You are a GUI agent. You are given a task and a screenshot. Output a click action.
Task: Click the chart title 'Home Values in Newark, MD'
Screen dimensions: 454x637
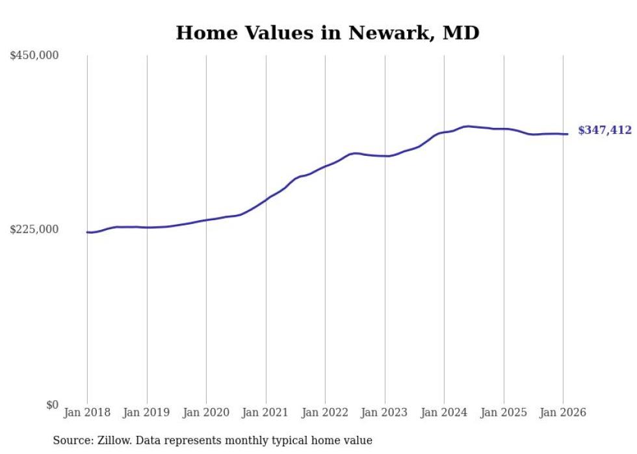tap(328, 32)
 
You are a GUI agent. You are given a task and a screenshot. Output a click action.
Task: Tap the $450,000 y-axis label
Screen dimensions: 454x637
tap(34, 56)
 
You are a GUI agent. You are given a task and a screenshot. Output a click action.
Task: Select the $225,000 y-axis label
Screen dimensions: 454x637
tap(34, 230)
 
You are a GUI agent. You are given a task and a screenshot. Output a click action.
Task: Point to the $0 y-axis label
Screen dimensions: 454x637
tap(52, 405)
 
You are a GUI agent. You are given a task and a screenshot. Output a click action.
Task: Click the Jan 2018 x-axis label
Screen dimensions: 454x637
tap(87, 412)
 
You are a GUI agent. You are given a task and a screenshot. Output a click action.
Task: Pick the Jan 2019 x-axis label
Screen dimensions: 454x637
tap(147, 412)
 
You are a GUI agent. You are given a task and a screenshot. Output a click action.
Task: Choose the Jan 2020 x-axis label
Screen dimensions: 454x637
tap(206, 412)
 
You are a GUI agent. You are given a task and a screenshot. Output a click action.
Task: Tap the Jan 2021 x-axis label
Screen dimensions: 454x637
tap(266, 412)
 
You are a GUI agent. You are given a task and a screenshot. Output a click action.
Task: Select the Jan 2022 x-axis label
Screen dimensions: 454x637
tap(325, 412)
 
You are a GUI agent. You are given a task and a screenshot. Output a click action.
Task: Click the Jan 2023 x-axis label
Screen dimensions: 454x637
tap(385, 412)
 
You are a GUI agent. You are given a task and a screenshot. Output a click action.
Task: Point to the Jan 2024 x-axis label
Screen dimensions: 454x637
tap(444, 412)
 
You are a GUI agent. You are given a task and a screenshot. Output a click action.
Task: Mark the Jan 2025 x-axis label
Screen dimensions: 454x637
tap(504, 412)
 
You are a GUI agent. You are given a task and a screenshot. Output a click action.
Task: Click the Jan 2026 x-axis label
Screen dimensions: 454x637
tap(563, 412)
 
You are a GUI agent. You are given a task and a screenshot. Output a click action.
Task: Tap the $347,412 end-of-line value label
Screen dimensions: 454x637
tap(604, 131)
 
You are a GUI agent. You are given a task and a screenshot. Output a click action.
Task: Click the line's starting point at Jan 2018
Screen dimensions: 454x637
tap(88, 232)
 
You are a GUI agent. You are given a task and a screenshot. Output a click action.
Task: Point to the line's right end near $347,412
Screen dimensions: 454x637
tap(567, 134)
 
